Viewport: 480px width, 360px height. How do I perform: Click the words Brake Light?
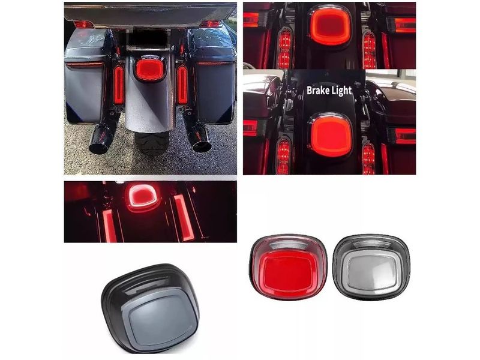pyautogui.click(x=329, y=91)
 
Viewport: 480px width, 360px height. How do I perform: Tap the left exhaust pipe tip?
pyautogui.click(x=99, y=146)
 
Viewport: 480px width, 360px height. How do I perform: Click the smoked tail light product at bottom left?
pyautogui.click(x=151, y=307)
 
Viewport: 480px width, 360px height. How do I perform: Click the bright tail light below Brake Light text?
pyautogui.click(x=331, y=136)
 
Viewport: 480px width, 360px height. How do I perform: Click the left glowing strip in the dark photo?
pyautogui.click(x=109, y=225)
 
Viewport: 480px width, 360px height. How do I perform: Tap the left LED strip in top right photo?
pyautogui.click(x=284, y=49)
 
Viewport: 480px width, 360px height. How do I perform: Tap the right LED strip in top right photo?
pyautogui.click(x=369, y=49)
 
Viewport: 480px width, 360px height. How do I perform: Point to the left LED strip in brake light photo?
pyautogui.click(x=283, y=157)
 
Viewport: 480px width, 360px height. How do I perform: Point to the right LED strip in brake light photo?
pyautogui.click(x=368, y=158)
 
